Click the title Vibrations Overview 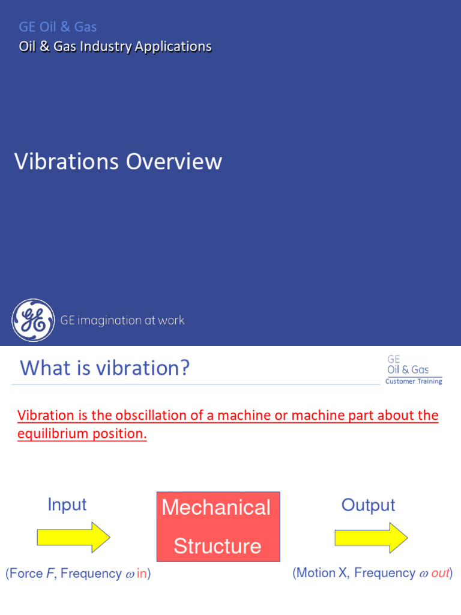tap(118, 162)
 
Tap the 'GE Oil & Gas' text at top tap(58, 26)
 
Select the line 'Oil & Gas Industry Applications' tap(115, 46)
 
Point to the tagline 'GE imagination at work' tap(122, 321)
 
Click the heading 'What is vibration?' tap(105, 368)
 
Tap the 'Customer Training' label tap(414, 381)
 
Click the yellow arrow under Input tap(73, 538)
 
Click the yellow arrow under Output tap(371, 538)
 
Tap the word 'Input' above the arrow tap(67, 504)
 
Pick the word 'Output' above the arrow tap(368, 505)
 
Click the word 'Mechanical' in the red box tap(216, 507)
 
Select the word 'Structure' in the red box tap(217, 546)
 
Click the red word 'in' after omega tap(141, 574)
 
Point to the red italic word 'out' tap(440, 574)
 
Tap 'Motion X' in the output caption tap(322, 574)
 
